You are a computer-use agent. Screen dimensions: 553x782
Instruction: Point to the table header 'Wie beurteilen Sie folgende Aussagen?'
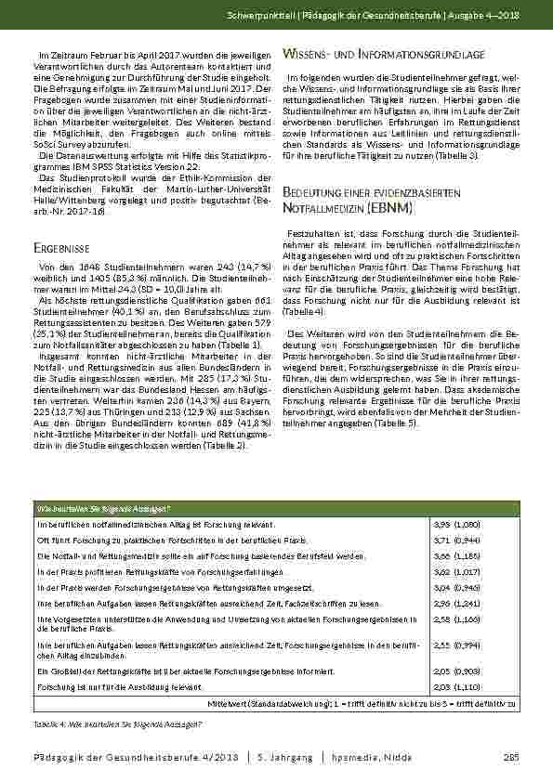pyautogui.click(x=102, y=507)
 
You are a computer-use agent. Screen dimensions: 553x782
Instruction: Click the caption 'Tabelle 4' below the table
pyautogui.click(x=47, y=723)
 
